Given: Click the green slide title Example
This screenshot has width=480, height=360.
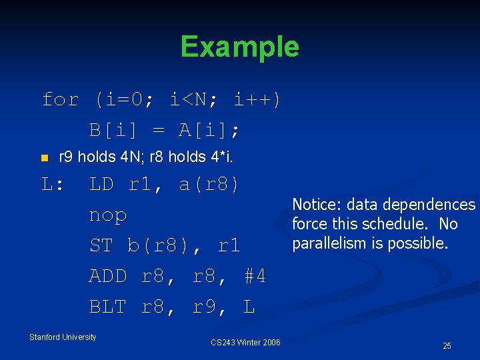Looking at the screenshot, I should pos(239,47).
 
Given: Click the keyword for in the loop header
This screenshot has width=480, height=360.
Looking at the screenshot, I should pos(60,100).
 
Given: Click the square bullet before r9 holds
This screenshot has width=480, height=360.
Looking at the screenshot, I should pos(45,158).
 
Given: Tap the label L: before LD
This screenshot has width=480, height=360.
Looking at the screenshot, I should pos(53,185).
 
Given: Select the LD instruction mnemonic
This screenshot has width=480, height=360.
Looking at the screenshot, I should pos(101,185).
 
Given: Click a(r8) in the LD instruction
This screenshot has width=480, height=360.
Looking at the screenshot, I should pos(209,185).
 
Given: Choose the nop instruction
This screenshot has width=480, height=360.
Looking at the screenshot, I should pos(108,216).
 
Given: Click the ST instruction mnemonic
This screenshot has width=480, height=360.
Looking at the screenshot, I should pos(101,246).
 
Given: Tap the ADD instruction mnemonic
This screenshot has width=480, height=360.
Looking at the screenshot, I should pos(108,276).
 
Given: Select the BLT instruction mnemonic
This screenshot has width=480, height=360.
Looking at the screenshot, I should pos(108,307).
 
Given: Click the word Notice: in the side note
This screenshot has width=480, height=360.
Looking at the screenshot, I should pos(316,205).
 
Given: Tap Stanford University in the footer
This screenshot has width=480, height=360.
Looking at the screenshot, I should pos(63,337).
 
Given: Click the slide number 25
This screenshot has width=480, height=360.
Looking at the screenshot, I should pos(447,345).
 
